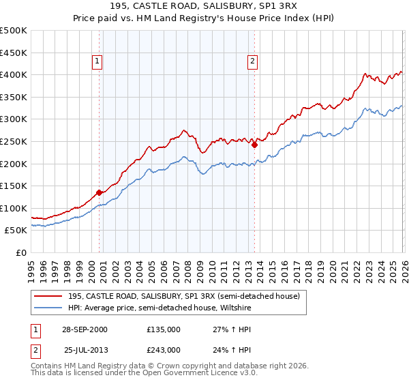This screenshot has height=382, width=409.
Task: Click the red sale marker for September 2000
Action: click(x=100, y=192)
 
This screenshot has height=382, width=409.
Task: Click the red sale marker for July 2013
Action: click(x=254, y=145)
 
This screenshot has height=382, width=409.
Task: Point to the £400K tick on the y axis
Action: click(x=14, y=75)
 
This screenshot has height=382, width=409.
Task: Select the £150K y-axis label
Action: click(x=14, y=186)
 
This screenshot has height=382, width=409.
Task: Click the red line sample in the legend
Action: click(x=48, y=295)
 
